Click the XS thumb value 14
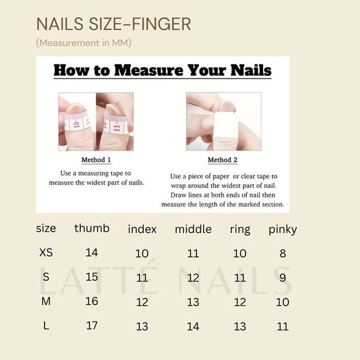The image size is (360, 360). coord(92,253)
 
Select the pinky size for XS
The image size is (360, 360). coord(283,253)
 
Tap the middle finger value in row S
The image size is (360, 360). coord(193,278)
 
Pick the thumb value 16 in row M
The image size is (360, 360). coord(92,301)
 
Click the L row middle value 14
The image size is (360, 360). coord(193,327)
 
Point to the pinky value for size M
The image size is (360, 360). coord(283,302)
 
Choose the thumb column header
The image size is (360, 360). coord(92,228)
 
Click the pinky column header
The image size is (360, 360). coord(283,230)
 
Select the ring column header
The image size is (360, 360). coord(240,230)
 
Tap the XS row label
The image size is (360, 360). coord(46,253)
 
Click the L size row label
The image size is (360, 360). coord(46,325)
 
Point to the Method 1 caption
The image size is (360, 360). coord(96,160)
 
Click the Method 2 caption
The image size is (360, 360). coord(223,160)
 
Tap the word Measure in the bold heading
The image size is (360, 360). coord(149,70)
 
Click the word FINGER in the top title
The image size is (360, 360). coord(162,24)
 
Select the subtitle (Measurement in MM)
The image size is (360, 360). coord(84,43)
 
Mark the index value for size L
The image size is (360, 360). coord(142,327)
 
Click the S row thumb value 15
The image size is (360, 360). coord(92,277)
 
